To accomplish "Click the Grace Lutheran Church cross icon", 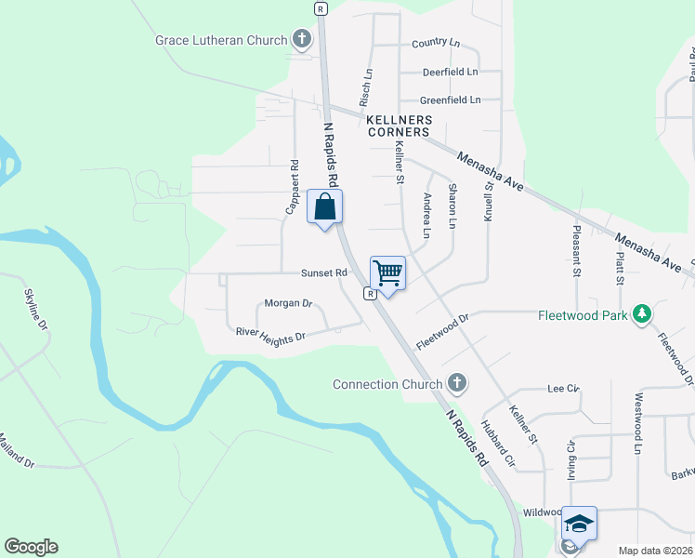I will point(301,40).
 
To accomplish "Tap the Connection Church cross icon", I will point(456,383).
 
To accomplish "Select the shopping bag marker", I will point(325,207).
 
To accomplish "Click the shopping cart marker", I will point(387,273).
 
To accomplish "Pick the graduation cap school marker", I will point(579,525).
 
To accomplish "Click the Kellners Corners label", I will point(398,126).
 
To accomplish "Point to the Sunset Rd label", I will point(323,273).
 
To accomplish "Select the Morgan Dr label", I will point(288,303).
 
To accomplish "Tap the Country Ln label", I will point(436,44).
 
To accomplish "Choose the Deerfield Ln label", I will point(450,72).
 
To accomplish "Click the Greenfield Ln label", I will point(451,100).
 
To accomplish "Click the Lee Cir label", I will point(564,388).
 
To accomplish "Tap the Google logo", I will point(31,547).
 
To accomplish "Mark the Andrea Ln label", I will point(426,215).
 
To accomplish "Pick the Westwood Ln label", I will point(638,423).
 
